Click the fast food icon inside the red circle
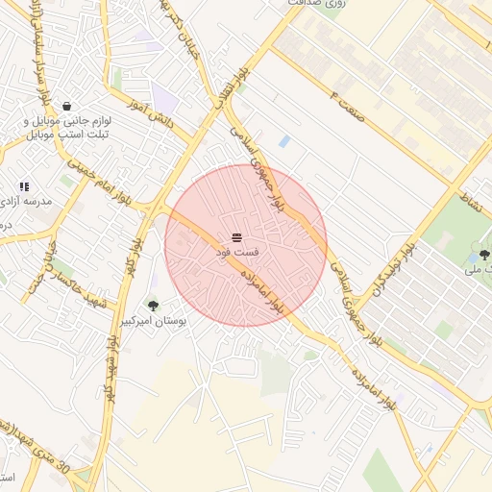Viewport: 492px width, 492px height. [236, 236]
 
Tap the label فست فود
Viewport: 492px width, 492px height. [235, 253]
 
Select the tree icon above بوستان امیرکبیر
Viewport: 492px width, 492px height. [153, 306]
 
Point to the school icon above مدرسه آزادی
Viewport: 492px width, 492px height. [24, 186]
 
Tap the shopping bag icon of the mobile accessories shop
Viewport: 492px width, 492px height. [66, 106]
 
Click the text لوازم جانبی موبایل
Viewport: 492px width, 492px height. [68, 122]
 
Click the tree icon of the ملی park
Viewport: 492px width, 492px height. [483, 255]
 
